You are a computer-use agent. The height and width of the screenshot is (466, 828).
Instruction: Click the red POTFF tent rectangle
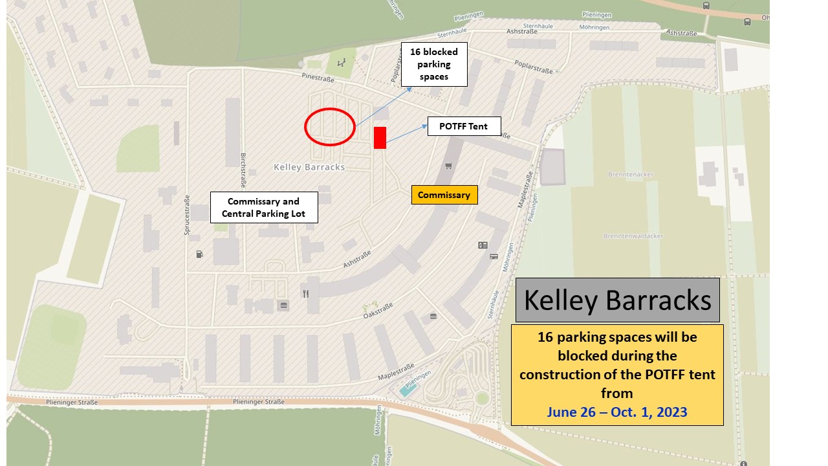point(380,138)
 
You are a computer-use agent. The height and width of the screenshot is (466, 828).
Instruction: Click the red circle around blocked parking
point(330,127)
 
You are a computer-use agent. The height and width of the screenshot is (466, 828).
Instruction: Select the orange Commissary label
point(444,195)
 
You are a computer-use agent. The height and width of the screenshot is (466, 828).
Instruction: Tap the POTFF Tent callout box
point(464,126)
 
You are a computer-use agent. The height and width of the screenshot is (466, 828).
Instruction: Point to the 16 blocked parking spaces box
point(433,64)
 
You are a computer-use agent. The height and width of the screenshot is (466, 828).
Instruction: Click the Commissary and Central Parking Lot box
point(264,207)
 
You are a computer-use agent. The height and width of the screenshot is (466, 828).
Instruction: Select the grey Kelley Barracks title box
point(617,300)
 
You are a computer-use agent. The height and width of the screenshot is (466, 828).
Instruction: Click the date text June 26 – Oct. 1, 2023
point(616,412)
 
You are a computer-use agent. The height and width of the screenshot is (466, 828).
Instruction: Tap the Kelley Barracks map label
point(309,167)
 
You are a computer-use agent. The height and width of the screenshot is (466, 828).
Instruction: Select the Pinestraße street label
point(318,78)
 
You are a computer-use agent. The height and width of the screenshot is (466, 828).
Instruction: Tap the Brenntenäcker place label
point(626,175)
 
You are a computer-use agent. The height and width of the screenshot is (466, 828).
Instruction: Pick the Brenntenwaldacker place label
point(633,236)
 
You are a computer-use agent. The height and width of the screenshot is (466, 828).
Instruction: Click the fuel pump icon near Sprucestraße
point(199,254)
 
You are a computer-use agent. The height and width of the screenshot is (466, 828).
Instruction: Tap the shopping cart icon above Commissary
point(448,166)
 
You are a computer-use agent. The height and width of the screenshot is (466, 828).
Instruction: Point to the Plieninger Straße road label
point(72,402)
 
